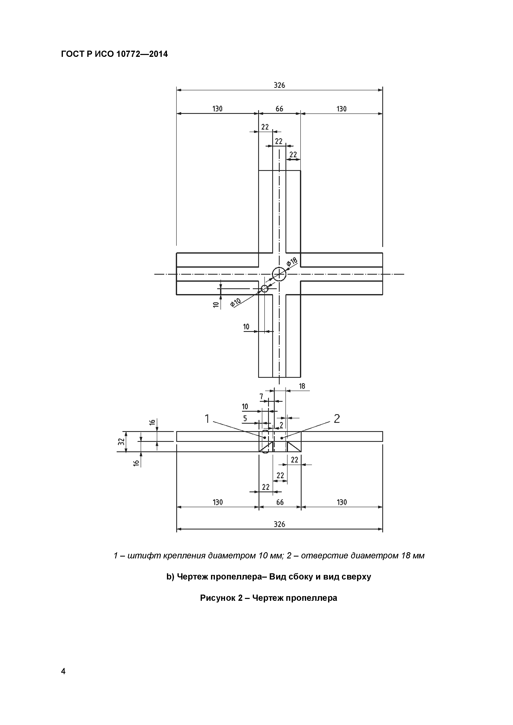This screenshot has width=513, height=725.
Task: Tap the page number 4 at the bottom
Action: click(63, 671)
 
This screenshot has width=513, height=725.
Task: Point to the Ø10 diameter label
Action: click(235, 302)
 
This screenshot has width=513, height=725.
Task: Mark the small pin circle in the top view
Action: click(265, 285)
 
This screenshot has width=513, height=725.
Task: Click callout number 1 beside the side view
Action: click(207, 419)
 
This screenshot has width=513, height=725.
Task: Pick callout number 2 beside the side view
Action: click(337, 419)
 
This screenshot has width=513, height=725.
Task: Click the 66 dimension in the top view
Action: click(279, 109)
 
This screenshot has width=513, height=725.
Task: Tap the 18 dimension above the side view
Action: click(302, 386)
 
